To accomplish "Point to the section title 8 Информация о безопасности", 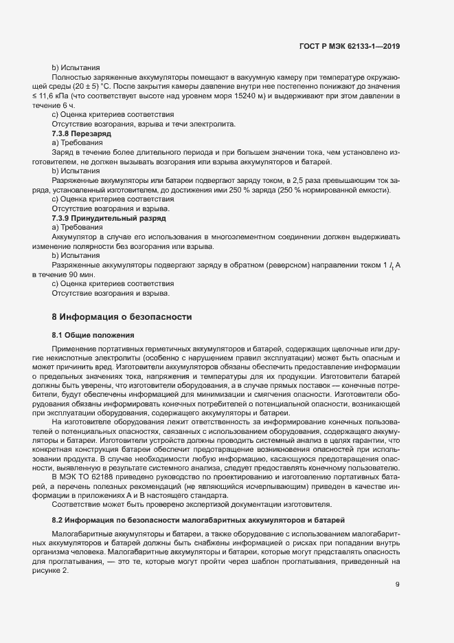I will tap(117, 317).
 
